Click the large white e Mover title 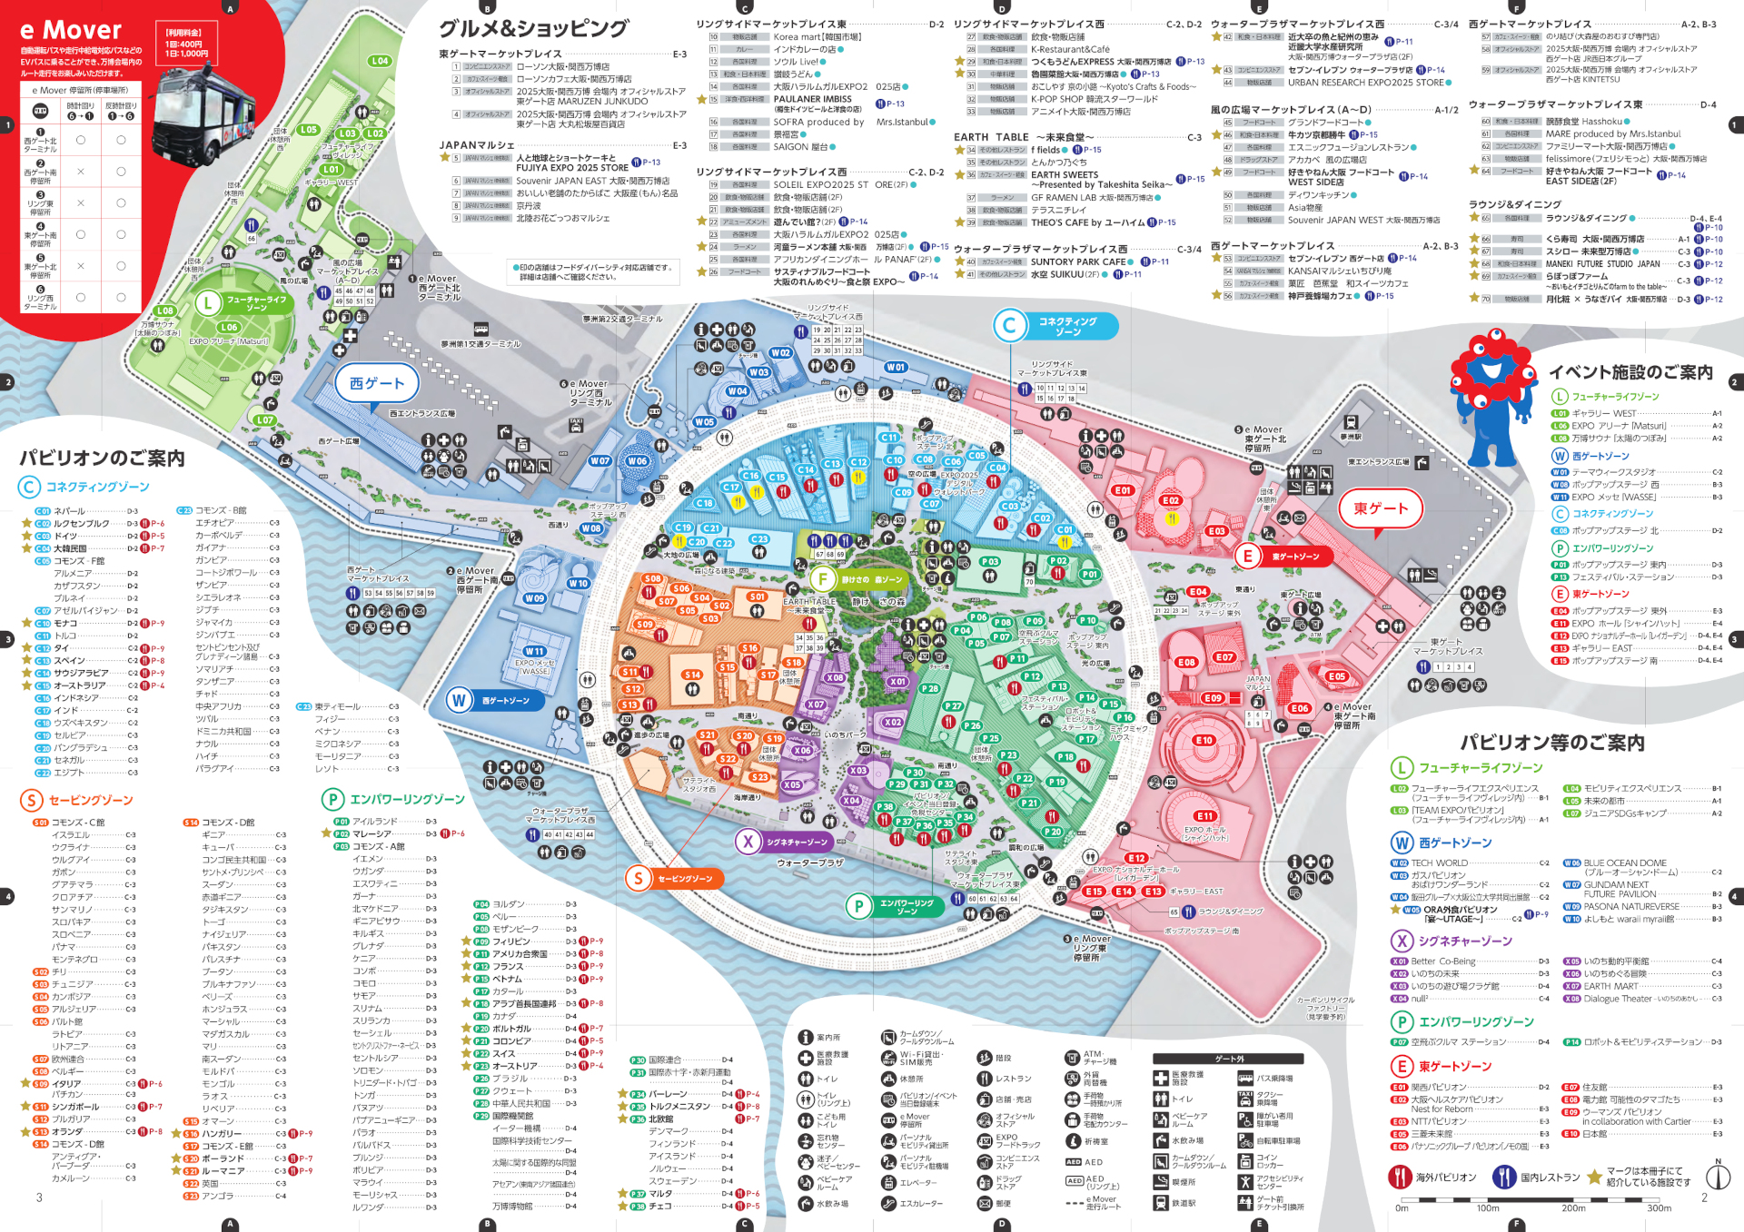pos(71,31)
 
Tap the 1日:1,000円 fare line pos(183,54)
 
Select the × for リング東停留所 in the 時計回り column pos(81,202)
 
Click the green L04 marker pos(379,61)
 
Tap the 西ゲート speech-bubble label pos(376,383)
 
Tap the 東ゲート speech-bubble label pos(1380,508)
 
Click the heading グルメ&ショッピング pos(533,28)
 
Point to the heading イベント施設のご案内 pos(1630,372)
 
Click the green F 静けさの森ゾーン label pos(859,579)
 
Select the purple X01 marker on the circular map pos(897,681)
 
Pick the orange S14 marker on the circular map pos(692,675)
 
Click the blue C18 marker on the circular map pos(705,503)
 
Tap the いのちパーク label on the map pos(845,734)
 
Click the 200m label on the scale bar pos(1573,1208)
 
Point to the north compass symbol pos(1717,1177)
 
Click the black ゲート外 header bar pos(1228,1059)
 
